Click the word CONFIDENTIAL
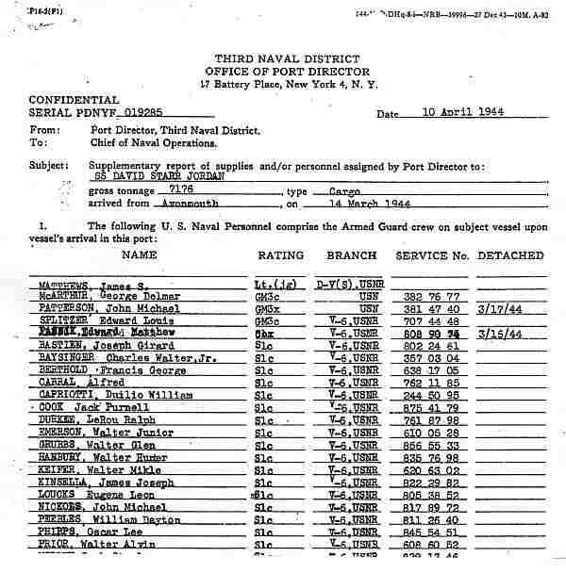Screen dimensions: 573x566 (75, 100)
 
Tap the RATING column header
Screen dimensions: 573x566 (280, 255)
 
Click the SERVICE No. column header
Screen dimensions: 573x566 (432, 255)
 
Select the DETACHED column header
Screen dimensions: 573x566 (510, 255)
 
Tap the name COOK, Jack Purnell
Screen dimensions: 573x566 (91, 406)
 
